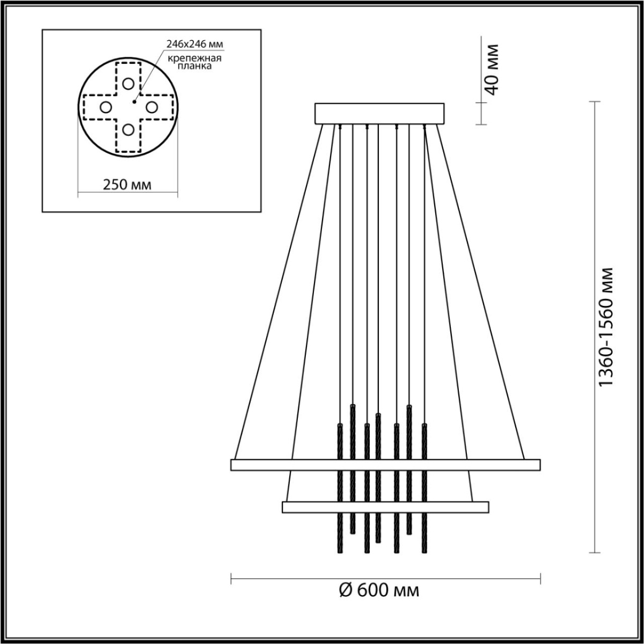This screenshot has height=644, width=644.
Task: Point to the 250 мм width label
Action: click(x=127, y=185)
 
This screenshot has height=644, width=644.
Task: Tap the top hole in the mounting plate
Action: click(x=128, y=83)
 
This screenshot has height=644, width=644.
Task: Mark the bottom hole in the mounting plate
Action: click(x=128, y=129)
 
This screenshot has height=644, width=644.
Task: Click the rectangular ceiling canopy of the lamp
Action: click(x=379, y=114)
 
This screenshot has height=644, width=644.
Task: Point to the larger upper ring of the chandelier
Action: click(x=385, y=465)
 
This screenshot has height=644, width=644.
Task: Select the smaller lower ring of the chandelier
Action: click(x=385, y=507)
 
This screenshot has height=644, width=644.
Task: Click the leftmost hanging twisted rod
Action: click(x=340, y=488)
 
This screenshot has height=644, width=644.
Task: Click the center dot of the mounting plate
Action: click(x=134, y=100)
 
